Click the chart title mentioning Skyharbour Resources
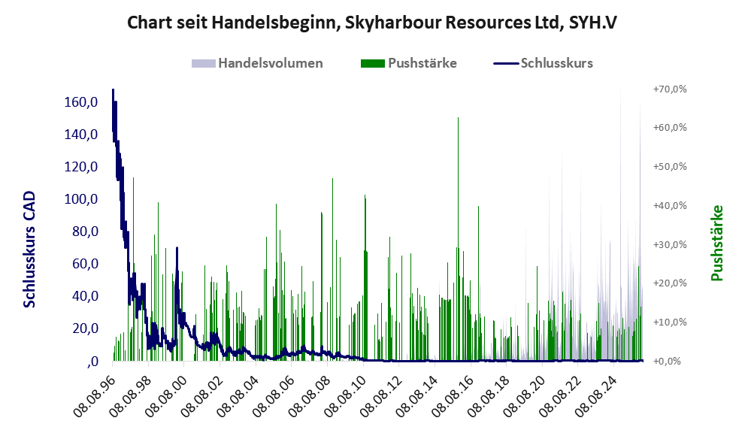pos(372,23)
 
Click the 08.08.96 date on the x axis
pos(96,395)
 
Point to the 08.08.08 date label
pos(308,395)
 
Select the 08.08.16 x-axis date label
pos(450,395)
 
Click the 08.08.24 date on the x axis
pos(591,395)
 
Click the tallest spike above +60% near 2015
pos(458,119)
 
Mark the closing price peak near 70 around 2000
pos(177,249)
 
